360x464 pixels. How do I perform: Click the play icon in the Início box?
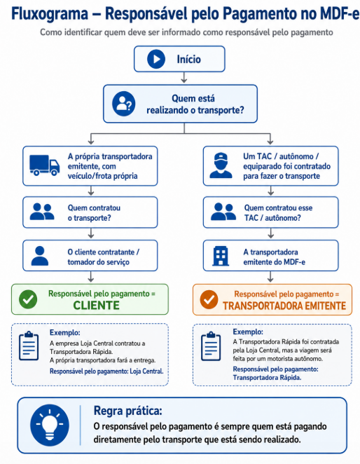[x=156, y=59]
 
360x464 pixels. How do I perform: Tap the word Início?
[x=188, y=59]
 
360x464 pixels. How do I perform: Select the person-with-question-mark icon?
[x=124, y=104]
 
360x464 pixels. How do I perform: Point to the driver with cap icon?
[x=221, y=165]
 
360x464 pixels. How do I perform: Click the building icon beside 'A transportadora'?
[x=221, y=256]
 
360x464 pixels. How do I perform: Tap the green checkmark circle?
[x=28, y=299]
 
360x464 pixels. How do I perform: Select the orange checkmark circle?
[x=209, y=299]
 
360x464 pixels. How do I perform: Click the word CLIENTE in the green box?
[x=97, y=306]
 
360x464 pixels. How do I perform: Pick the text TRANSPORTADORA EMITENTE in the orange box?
[x=284, y=306]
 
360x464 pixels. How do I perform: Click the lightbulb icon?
[x=50, y=425]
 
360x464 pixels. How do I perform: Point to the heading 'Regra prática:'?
[x=127, y=411]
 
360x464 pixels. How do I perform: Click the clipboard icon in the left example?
[x=29, y=346]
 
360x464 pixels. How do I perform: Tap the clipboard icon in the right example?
[x=211, y=346]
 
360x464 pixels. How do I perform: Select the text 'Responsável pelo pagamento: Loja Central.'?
[x=106, y=371]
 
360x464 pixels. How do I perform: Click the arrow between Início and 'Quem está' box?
[x=184, y=78]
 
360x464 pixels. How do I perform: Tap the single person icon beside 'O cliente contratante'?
[x=40, y=256]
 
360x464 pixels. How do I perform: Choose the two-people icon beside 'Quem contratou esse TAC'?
[x=223, y=211]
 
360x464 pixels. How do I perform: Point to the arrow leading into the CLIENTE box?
[x=91, y=277]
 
